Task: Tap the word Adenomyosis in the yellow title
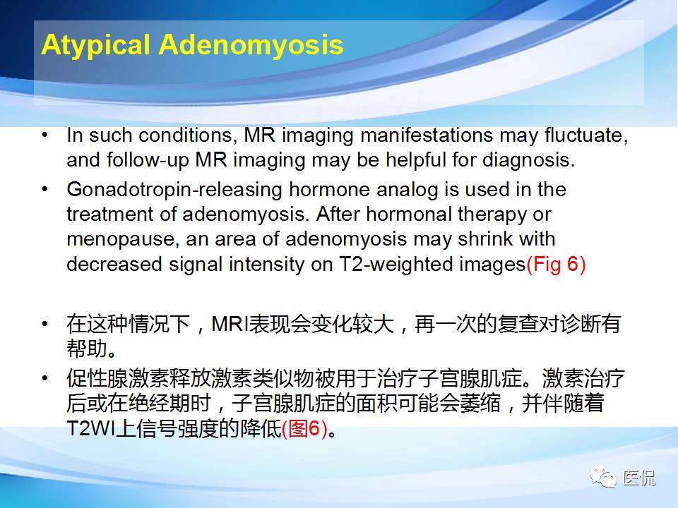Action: (251, 44)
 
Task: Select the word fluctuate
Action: (586, 135)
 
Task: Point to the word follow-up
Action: (148, 160)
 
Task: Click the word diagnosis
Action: (528, 160)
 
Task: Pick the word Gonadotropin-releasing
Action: (174, 190)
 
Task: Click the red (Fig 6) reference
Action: (556, 265)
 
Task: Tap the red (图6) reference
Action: (304, 428)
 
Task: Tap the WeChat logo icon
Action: (602, 477)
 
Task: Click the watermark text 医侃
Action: (639, 478)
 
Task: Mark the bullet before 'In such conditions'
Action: (45, 135)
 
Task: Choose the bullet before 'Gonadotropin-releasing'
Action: (45, 190)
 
